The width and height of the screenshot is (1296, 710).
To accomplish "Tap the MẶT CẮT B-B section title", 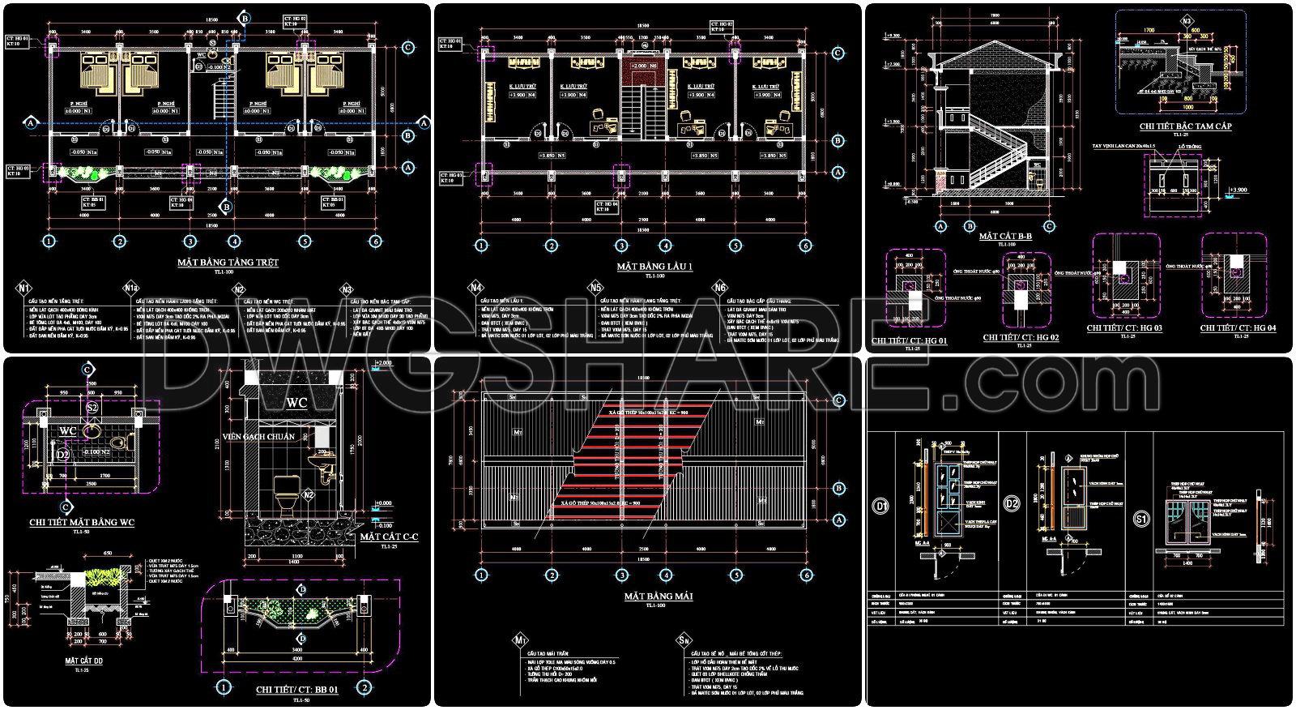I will [1004, 236].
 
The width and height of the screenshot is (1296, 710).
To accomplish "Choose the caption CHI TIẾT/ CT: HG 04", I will [1238, 327].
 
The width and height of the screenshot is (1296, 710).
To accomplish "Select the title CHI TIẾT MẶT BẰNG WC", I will [81, 523].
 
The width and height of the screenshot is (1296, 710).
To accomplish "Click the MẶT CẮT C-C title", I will [389, 537].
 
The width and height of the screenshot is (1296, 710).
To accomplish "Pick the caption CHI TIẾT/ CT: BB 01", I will [296, 689].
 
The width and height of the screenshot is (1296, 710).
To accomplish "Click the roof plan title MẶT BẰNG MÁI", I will [647, 596].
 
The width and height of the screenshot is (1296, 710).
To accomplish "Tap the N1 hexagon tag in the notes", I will [24, 288].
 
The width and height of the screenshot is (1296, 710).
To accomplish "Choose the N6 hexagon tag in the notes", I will [721, 288].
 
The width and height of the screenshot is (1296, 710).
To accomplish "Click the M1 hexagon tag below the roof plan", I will [519, 642].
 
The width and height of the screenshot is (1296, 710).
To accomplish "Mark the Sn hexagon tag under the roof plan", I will [684, 640].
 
